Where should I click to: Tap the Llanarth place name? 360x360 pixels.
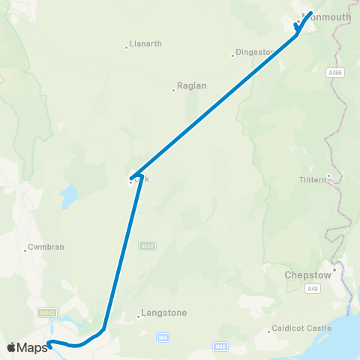click(145, 44)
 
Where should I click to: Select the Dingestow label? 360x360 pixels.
click(256, 52)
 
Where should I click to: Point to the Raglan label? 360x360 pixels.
click(191, 86)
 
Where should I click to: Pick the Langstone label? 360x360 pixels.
click(164, 313)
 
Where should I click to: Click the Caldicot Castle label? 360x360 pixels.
click(298, 328)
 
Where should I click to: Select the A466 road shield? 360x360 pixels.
click(334, 73)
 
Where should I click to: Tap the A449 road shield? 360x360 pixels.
click(148, 245)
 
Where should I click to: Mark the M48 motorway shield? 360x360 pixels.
click(220, 346)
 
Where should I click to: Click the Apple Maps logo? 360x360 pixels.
click(27, 347)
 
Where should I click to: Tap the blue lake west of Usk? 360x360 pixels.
click(68, 196)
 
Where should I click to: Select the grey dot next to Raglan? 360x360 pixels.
click(173, 90)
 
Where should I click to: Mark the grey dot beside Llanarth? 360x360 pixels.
click(126, 48)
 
